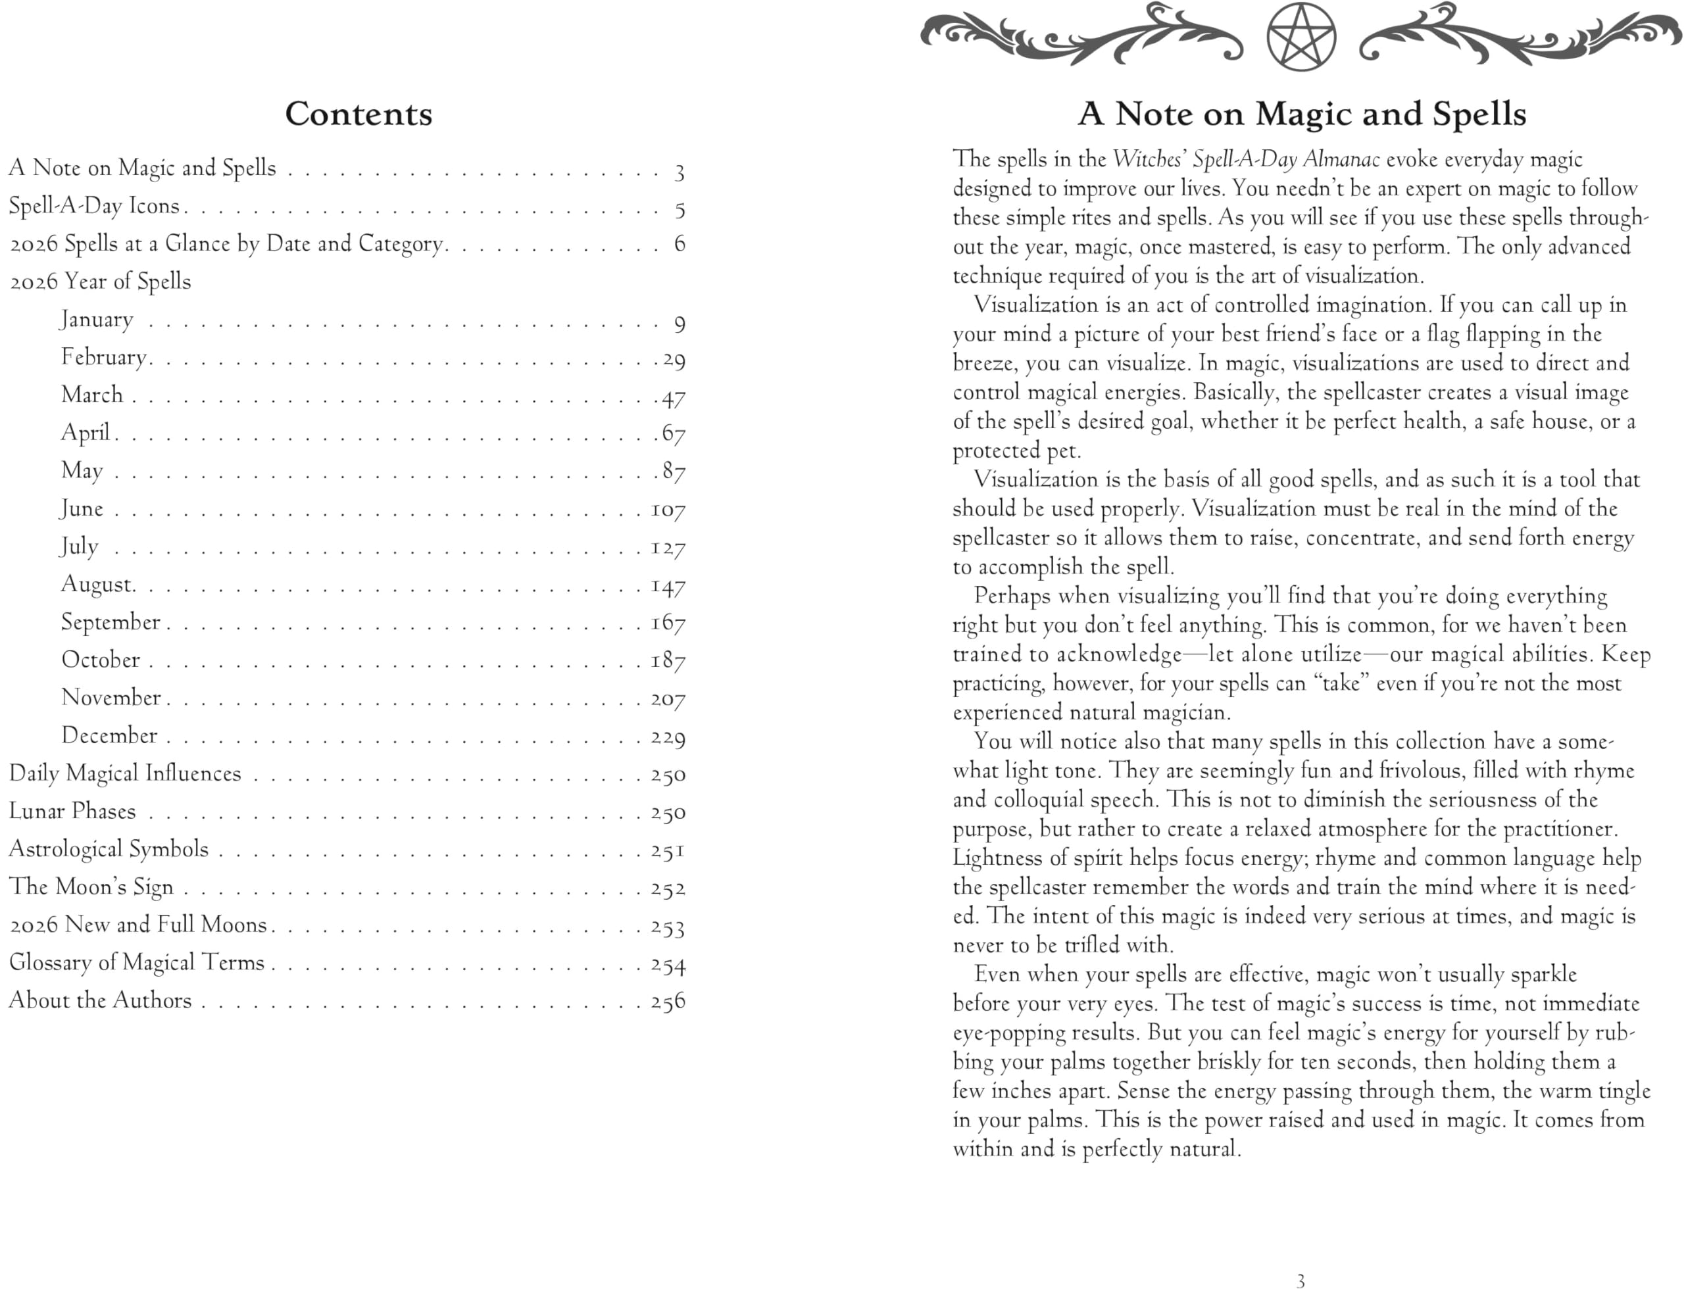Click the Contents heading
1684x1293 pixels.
[x=358, y=114]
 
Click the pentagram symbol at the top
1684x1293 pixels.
[x=1300, y=37]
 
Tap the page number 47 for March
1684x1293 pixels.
[x=674, y=399]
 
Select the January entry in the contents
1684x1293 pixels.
[x=97, y=320]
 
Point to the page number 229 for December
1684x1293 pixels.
[x=667, y=737]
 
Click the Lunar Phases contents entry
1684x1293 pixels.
[x=72, y=811]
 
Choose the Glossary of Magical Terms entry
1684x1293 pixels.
[x=136, y=963]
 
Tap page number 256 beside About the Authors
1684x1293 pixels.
[x=667, y=1001]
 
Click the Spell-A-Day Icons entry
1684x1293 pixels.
[x=94, y=207]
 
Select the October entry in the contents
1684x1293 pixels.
[x=101, y=660]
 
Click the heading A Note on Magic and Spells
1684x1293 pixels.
[x=1300, y=114]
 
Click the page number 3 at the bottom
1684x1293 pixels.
[x=1300, y=1281]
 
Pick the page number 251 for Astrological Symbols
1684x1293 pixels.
[x=667, y=850]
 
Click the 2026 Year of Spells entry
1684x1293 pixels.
[x=100, y=281]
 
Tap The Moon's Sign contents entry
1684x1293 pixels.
[x=91, y=887]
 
